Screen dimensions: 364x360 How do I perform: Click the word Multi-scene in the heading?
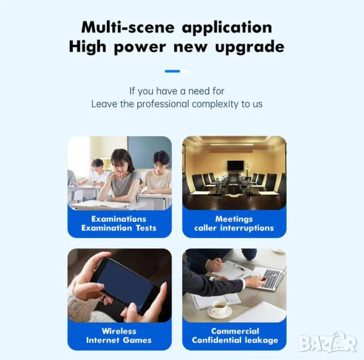(x=128, y=28)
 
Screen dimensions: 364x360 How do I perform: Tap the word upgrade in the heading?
(x=249, y=47)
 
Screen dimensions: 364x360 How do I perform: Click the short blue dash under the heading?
(x=172, y=71)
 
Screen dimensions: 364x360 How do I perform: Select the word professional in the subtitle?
(x=163, y=104)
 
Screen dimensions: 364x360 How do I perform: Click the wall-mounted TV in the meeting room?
(x=235, y=166)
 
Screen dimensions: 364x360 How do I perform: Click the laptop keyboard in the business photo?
(x=271, y=278)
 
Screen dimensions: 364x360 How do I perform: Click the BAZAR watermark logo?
(x=327, y=343)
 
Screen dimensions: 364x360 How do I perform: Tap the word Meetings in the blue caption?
(x=234, y=219)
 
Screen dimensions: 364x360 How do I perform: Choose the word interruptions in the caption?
(x=247, y=228)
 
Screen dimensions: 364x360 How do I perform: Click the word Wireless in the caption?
(x=119, y=331)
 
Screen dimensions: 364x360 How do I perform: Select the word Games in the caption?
(x=137, y=340)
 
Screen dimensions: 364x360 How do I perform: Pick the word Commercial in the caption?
(x=235, y=331)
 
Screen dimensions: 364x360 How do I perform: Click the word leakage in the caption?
(x=261, y=340)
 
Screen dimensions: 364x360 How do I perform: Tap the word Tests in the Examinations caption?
(x=146, y=228)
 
